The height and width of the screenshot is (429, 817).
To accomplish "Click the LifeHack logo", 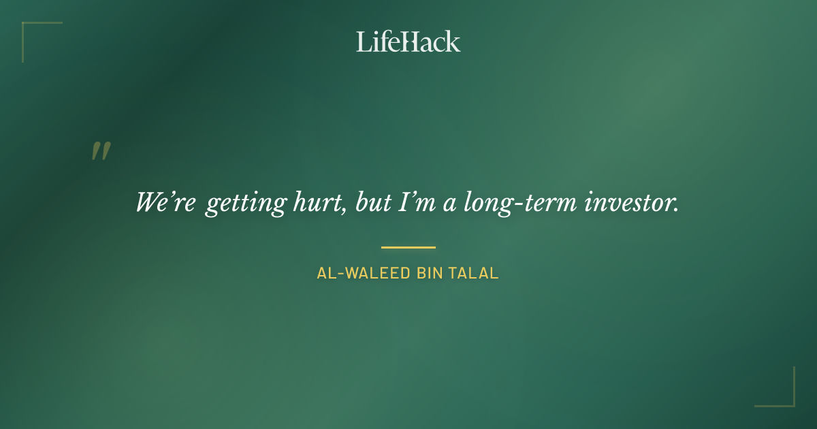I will (x=408, y=42).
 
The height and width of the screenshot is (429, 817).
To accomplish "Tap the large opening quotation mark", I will (x=101, y=151).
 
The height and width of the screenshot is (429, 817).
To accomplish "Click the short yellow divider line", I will (x=408, y=247).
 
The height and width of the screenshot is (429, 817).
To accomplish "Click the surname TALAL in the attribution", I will (x=475, y=274).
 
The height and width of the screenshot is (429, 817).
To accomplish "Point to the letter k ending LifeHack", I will (x=453, y=42).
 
